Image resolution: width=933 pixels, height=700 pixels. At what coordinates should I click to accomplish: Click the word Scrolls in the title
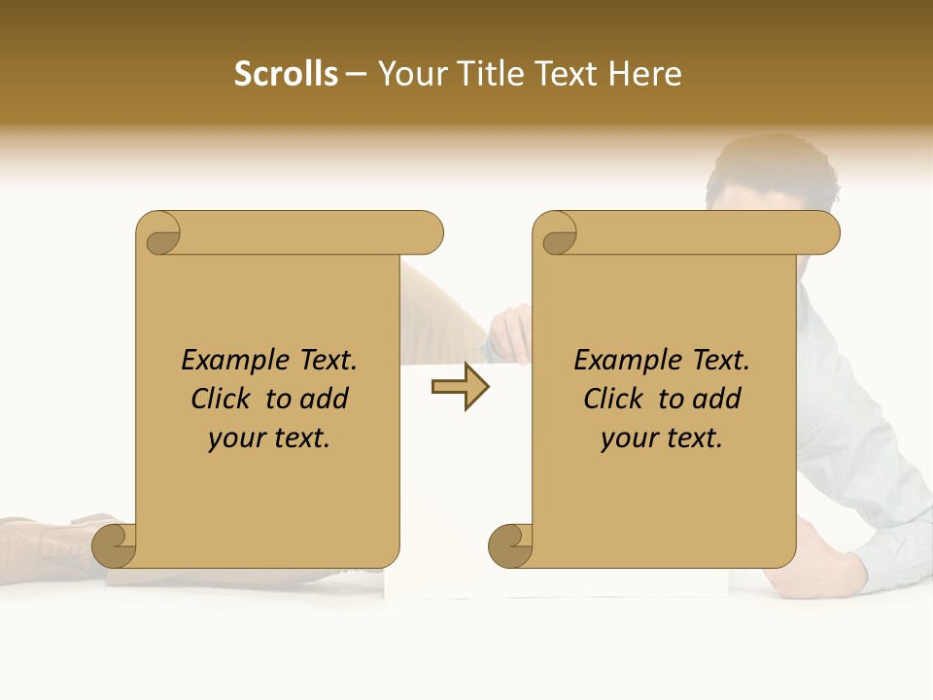(x=287, y=74)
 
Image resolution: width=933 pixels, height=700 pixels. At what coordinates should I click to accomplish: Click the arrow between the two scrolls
(x=460, y=388)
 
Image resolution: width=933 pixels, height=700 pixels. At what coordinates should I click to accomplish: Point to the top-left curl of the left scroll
(x=161, y=234)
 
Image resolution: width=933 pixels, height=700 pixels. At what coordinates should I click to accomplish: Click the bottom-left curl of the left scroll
(x=116, y=545)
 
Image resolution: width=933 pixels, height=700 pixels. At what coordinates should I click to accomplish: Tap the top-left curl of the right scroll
(x=558, y=234)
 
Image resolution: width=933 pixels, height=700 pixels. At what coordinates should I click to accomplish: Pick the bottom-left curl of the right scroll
(x=511, y=545)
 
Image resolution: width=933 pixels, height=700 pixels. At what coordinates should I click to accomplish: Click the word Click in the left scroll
(x=220, y=399)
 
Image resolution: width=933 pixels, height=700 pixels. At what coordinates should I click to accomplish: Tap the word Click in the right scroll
(x=612, y=399)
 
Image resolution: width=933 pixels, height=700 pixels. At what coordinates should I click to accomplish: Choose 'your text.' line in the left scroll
(x=269, y=438)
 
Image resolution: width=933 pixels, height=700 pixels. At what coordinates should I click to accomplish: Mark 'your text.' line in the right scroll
(x=662, y=438)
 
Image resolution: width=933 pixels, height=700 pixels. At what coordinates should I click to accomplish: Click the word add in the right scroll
(x=718, y=399)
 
